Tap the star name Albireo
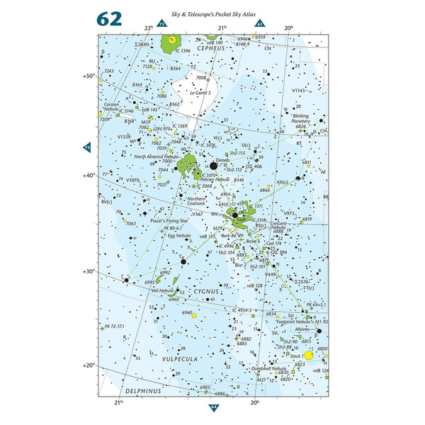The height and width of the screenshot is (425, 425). [304, 331]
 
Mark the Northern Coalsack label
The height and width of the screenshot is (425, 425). [194, 200]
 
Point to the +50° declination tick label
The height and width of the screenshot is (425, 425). [89, 75]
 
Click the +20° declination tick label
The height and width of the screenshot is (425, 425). [89, 366]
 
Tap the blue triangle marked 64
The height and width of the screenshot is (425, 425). [213, 406]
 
